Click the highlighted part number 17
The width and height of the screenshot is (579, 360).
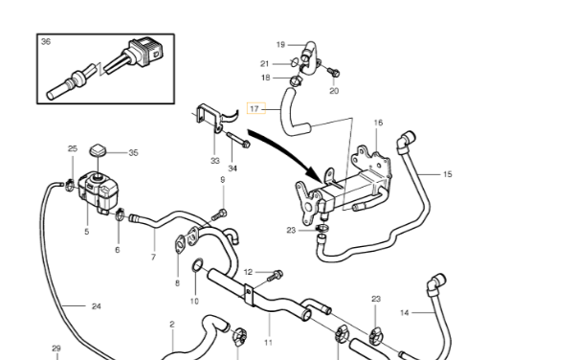[x=254, y=108]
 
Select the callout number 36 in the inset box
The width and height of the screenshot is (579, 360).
[x=46, y=41]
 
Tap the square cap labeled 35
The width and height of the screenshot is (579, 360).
[x=98, y=150]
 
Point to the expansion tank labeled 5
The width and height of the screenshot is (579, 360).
[x=99, y=192]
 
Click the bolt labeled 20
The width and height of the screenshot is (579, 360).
[x=333, y=73]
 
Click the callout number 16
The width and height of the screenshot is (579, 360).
[x=378, y=123]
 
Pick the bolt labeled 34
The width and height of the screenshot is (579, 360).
[x=238, y=140]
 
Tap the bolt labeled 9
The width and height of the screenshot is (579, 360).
[x=219, y=214]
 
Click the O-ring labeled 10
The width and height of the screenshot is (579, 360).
[x=197, y=264]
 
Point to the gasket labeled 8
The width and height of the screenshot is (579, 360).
[x=180, y=243]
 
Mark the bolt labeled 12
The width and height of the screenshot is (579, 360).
[x=275, y=276]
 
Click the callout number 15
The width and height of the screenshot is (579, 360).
[x=447, y=174]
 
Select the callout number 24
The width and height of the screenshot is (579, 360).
[x=96, y=306]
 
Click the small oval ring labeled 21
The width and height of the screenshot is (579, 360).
[x=294, y=61]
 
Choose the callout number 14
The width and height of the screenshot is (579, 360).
[x=404, y=313]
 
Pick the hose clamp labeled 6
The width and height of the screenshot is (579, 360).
[x=120, y=214]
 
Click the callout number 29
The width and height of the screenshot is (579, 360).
[x=56, y=349]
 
